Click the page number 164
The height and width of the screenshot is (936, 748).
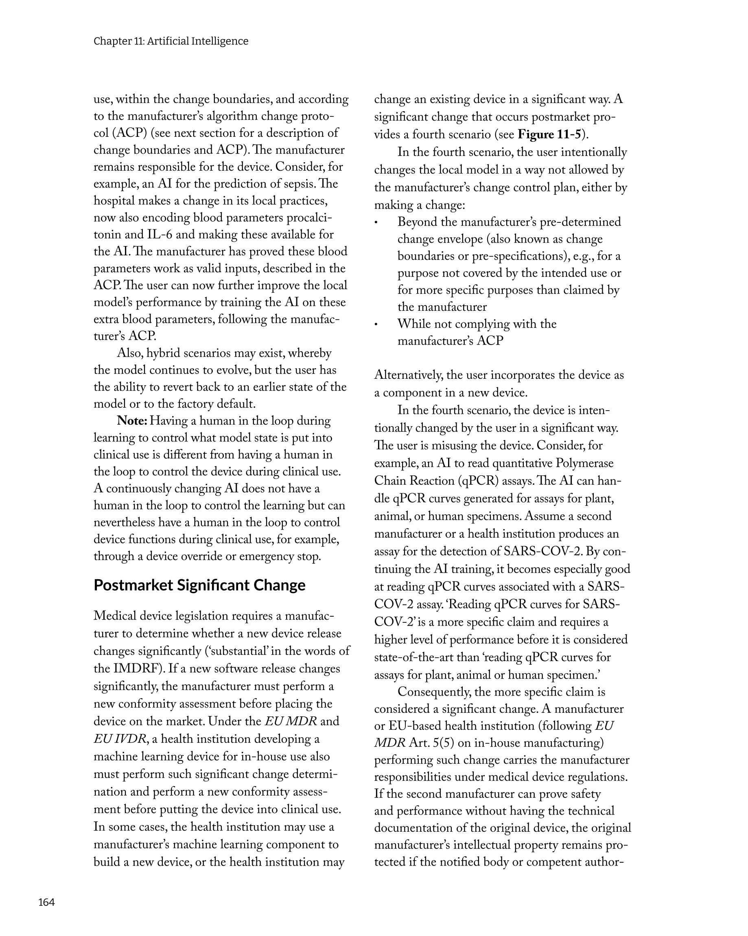pyautogui.click(x=46, y=902)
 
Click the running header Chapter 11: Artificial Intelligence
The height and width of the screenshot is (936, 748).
pyautogui.click(x=171, y=41)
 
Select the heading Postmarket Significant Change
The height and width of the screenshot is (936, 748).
pyautogui.click(x=199, y=585)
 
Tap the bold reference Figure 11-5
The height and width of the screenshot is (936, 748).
pyautogui.click(x=549, y=134)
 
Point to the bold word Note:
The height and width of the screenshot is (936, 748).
pyautogui.click(x=132, y=421)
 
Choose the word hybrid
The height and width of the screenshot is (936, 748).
pyautogui.click(x=163, y=353)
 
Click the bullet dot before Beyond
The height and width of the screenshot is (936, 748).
pyautogui.click(x=376, y=223)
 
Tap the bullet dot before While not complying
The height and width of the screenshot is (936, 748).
pyautogui.click(x=376, y=324)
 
